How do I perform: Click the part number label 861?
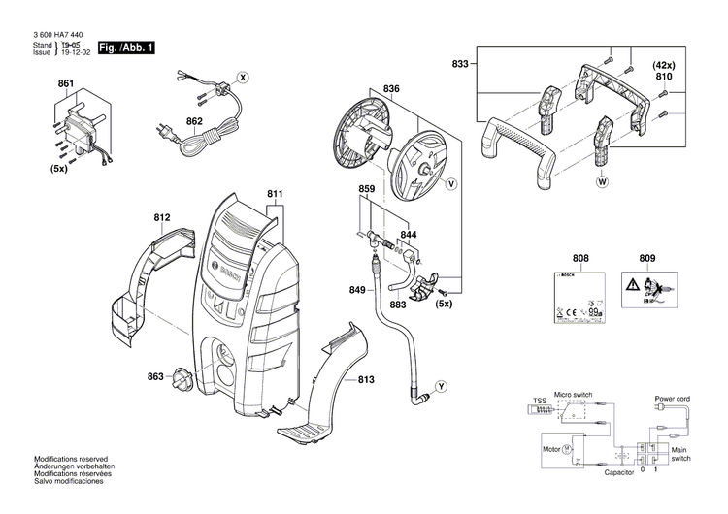[65, 85]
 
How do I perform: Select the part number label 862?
[194, 121]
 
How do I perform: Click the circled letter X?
[244, 76]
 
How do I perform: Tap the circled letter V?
[451, 182]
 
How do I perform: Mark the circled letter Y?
[441, 387]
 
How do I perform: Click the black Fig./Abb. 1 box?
[126, 48]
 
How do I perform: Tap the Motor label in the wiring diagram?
[550, 450]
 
